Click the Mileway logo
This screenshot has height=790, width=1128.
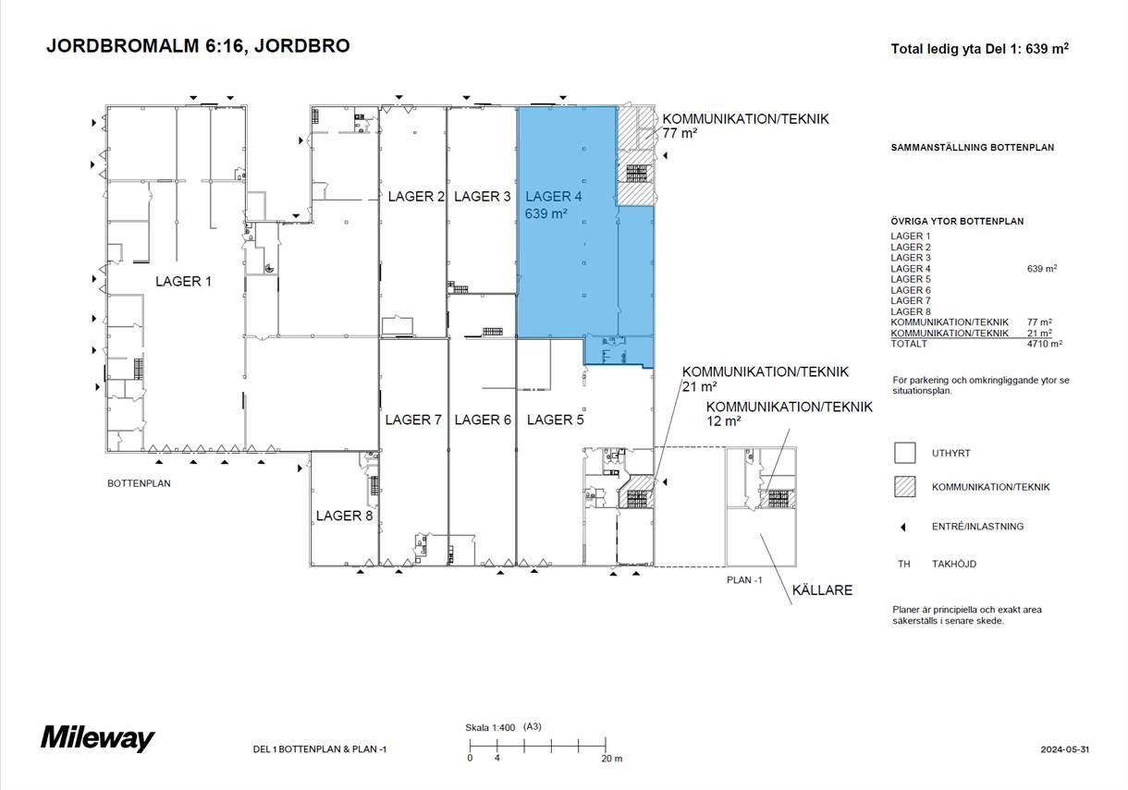pos(98,737)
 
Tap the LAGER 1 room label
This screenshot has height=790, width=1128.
pos(183,281)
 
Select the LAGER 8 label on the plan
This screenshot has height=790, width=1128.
pos(344,516)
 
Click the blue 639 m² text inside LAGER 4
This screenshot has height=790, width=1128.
pos(546,213)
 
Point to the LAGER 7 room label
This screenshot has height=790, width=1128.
pos(413,419)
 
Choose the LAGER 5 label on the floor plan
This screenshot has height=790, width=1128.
pos(556,419)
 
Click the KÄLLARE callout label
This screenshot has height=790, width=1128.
pos(822,589)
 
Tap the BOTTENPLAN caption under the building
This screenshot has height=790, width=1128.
pos(139,483)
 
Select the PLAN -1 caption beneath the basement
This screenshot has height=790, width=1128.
pos(744,580)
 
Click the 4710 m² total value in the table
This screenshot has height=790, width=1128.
pos(1045,344)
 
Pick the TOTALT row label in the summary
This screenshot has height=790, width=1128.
pos(909,344)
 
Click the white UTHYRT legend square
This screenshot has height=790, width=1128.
pos(904,453)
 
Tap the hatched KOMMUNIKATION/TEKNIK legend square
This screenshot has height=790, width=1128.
pos(904,487)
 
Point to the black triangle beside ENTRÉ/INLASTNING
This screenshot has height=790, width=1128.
pos(903,527)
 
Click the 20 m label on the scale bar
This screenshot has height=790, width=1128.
pos(611,759)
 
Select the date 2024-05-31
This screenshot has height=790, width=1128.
pos(1064,749)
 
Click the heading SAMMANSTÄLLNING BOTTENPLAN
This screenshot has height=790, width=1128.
pos(973,148)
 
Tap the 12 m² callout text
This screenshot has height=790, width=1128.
pos(723,420)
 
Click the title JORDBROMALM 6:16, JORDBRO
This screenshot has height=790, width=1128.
pos(198,46)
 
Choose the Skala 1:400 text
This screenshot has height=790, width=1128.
pos(490,727)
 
